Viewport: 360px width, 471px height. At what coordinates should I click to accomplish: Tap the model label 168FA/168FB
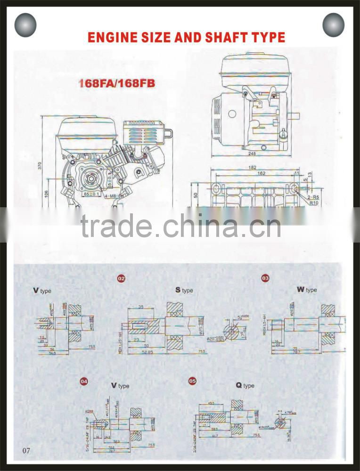click(x=116, y=84)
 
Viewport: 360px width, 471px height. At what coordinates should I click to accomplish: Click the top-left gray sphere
click(x=25, y=25)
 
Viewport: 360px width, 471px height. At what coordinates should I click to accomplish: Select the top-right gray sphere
click(x=334, y=25)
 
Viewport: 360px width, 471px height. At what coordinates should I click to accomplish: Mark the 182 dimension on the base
click(x=252, y=168)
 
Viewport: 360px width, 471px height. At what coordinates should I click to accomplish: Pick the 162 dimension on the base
click(x=252, y=174)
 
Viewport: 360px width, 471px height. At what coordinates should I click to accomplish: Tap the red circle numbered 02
click(x=121, y=279)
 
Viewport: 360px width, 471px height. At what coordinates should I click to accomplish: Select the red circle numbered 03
click(x=265, y=278)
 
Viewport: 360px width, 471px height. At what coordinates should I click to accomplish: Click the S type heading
click(x=184, y=290)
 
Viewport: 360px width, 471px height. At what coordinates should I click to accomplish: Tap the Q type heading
click(x=245, y=385)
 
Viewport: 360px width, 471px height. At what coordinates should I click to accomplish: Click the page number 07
click(x=26, y=451)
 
